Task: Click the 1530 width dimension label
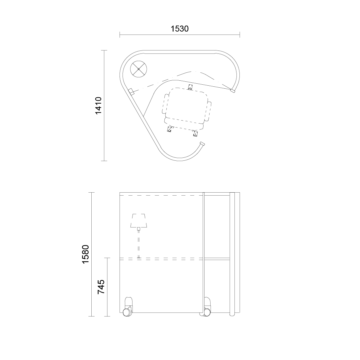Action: (180, 29)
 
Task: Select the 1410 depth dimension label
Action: (98, 106)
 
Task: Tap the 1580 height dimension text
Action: (85, 254)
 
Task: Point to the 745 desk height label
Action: (101, 287)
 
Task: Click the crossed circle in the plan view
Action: (139, 69)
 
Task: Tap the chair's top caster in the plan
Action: (190, 87)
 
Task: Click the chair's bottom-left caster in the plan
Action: (170, 130)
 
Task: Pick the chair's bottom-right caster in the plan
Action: (195, 134)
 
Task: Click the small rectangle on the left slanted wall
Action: (131, 92)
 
